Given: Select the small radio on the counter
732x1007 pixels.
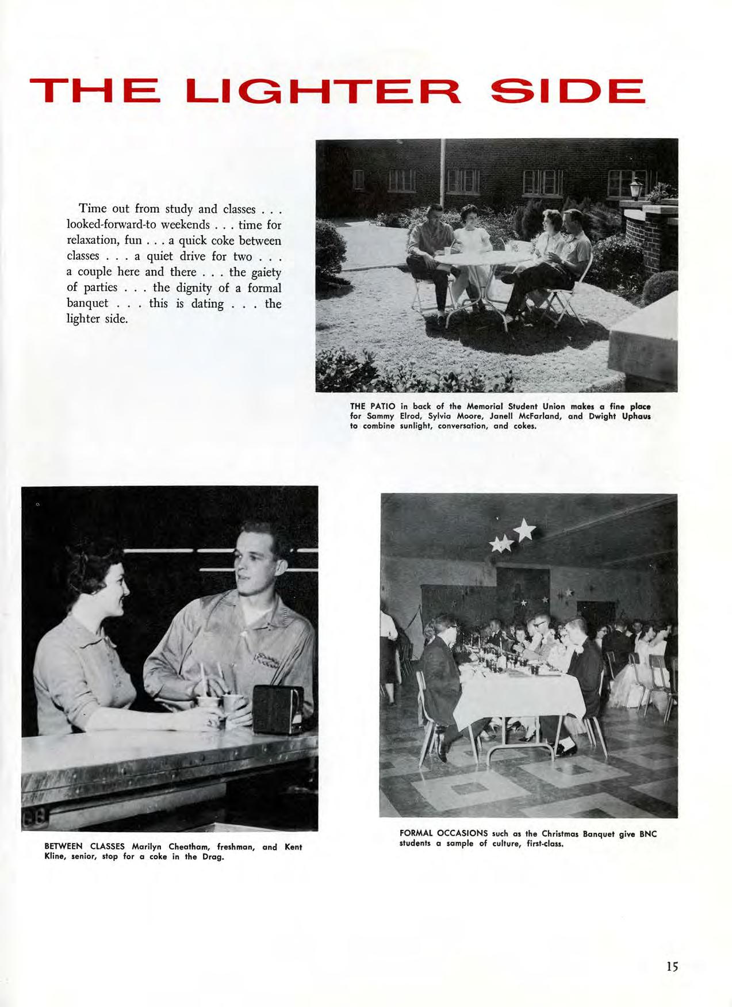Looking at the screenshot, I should tap(278, 709).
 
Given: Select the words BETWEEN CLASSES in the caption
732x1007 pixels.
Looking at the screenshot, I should tap(85, 847).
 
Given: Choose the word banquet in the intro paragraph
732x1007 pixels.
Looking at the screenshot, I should tap(88, 303).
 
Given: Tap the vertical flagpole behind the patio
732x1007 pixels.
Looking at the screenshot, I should tap(442, 173).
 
